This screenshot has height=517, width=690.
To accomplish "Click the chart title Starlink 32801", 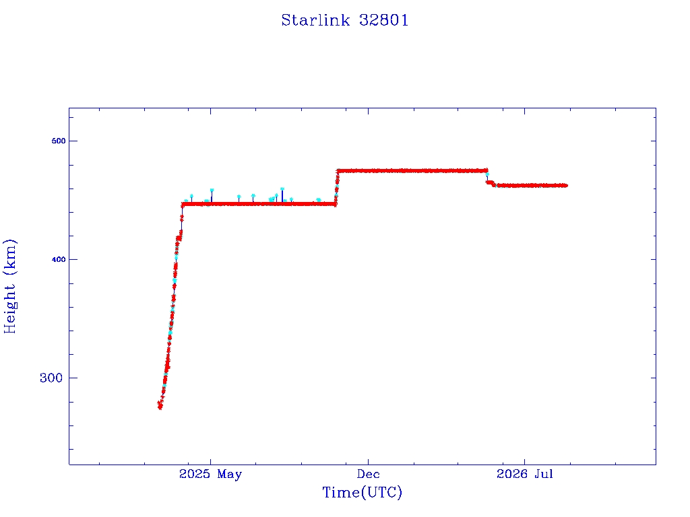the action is [345, 20].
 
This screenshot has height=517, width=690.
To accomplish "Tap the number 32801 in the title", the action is [383, 20].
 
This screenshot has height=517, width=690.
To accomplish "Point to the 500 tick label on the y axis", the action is [59, 141].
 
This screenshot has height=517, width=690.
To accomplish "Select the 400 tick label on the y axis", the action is [59, 259].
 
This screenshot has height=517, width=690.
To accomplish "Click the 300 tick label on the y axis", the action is [51, 378].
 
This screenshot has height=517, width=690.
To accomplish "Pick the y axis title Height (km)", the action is [9, 286].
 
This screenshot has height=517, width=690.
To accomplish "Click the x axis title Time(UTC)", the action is [362, 492].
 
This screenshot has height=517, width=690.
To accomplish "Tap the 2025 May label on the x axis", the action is [210, 474].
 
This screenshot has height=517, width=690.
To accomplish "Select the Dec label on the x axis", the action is [369, 474].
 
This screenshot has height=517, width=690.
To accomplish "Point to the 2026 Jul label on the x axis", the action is [524, 474].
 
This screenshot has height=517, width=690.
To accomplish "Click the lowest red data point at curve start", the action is [160, 407].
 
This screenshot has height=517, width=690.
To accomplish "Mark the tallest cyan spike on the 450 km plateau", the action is [282, 189].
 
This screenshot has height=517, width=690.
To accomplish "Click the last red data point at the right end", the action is [565, 186].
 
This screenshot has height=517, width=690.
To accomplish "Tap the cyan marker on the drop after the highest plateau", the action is [487, 174].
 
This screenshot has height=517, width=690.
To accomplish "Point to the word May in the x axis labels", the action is [229, 475].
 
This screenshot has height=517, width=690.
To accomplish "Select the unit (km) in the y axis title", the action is [9, 256].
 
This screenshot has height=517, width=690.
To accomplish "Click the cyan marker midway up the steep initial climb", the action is [175, 281].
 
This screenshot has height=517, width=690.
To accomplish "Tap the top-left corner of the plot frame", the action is [69, 108].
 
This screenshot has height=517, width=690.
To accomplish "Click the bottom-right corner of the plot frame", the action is [656, 464].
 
